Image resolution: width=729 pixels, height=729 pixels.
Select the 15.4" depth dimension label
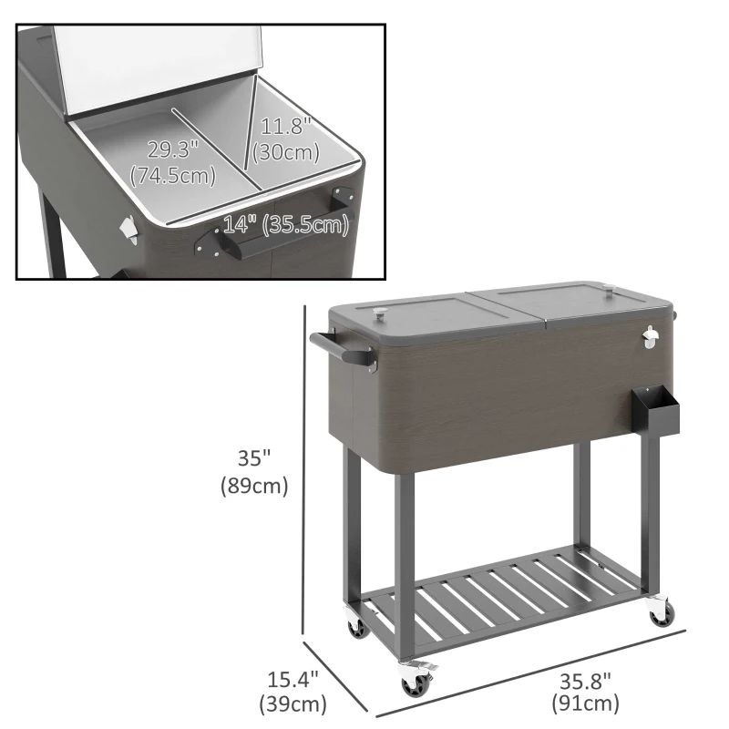point(293,680)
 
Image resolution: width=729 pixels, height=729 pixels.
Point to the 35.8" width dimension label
point(584,680)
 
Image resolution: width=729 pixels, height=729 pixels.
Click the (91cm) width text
point(584,703)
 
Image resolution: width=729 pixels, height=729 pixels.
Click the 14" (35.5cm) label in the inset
point(286,223)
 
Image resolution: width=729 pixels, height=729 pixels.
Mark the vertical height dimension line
point(303,474)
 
